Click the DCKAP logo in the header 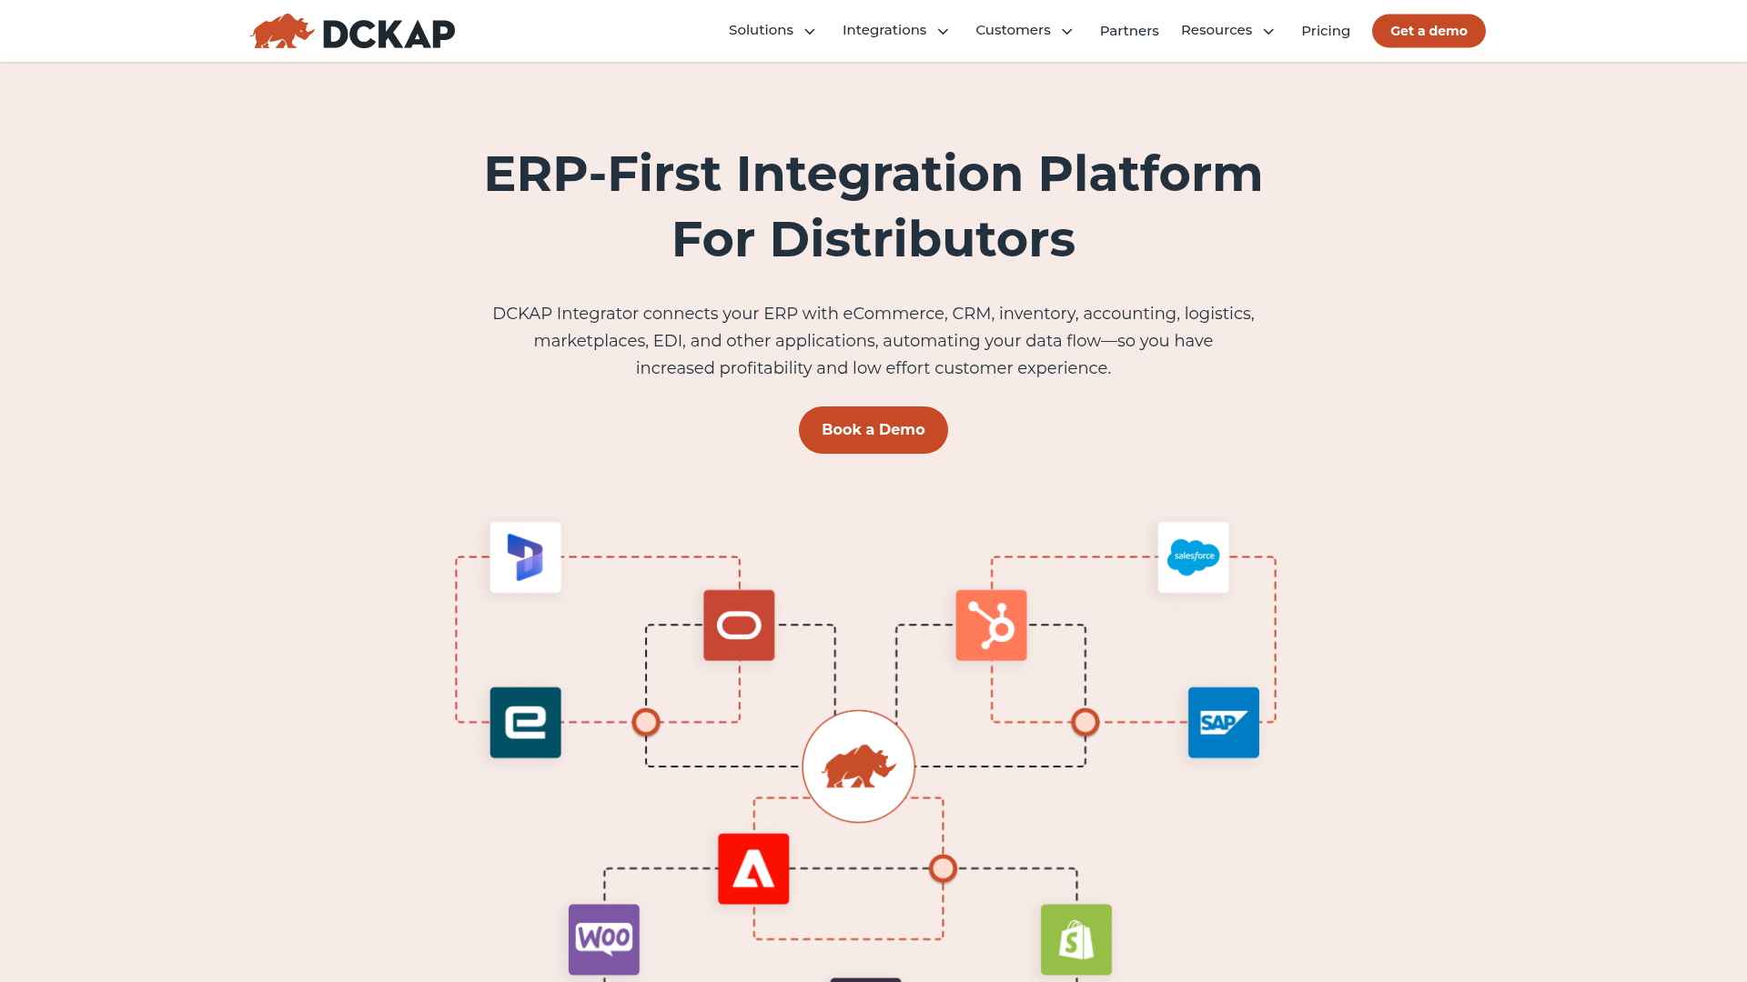(353, 32)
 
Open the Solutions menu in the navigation (772, 31)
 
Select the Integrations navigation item (895, 31)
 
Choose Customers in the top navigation (1024, 31)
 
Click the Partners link (1128, 31)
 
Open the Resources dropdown (1227, 31)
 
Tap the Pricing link (1325, 31)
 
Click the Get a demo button (1428, 31)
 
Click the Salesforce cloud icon (1193, 556)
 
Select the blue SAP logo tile (1223, 723)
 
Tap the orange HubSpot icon (991, 626)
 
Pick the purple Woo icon (604, 939)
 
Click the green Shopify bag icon (1075, 939)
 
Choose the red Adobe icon (753, 869)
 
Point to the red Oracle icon (739, 626)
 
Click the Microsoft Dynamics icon (525, 556)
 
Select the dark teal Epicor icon (525, 723)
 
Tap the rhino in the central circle (858, 767)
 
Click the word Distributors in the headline (922, 239)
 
